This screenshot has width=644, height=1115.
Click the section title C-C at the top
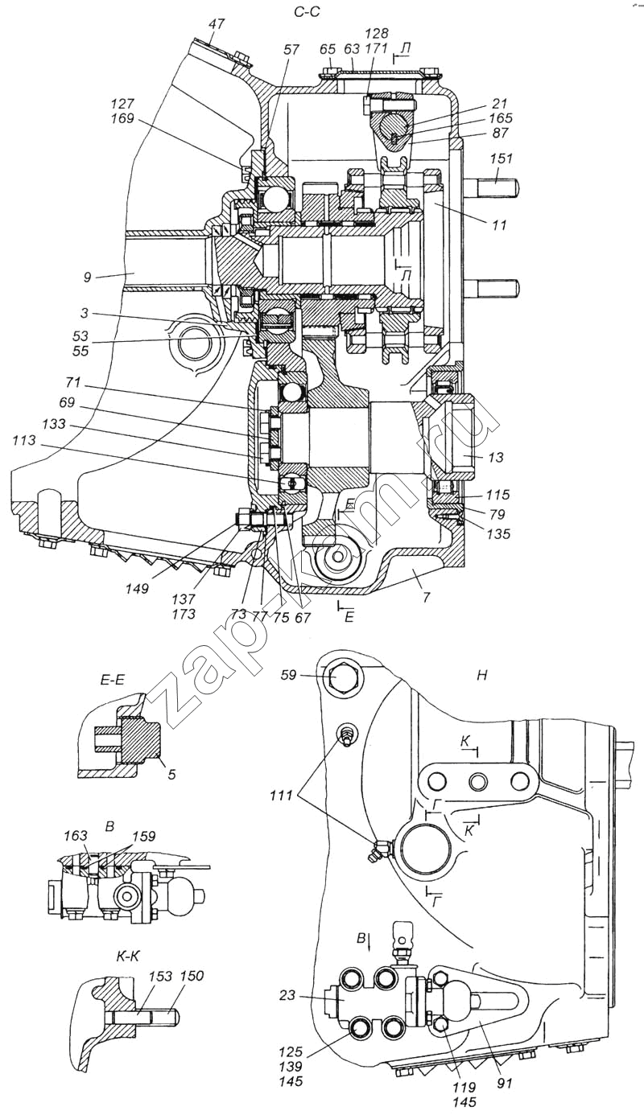click(307, 12)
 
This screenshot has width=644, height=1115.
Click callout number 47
click(217, 24)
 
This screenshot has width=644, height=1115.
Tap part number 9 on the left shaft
click(88, 278)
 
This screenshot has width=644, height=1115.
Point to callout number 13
click(496, 458)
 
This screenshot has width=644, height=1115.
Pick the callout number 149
click(138, 589)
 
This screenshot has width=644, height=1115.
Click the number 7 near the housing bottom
click(427, 597)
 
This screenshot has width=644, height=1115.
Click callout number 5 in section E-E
click(171, 775)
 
